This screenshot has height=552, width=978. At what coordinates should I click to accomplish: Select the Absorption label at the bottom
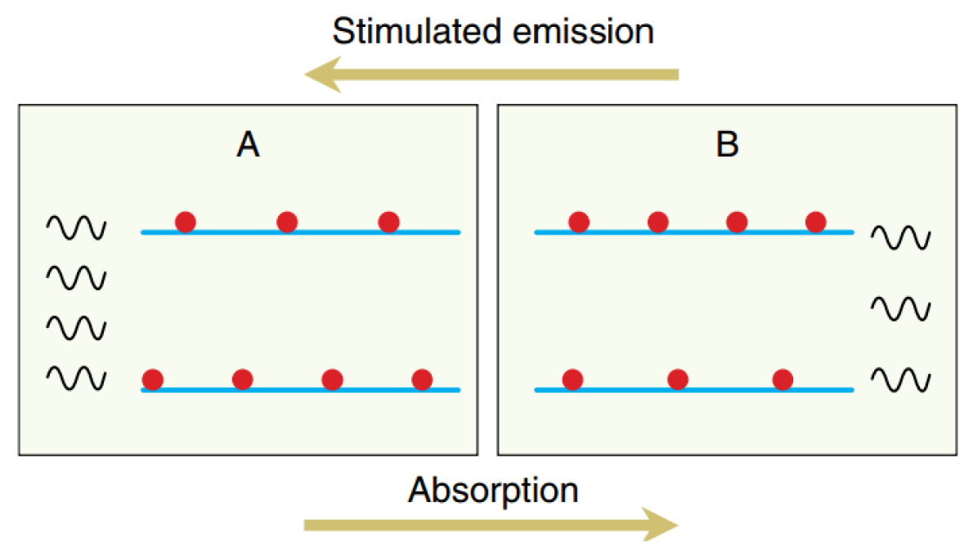(493, 491)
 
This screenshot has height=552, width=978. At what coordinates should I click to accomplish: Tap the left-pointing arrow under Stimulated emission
(491, 75)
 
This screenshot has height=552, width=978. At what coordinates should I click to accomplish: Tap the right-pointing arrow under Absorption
(491, 524)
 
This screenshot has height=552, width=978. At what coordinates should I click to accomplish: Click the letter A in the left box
(248, 145)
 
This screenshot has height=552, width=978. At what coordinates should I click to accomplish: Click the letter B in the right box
(727, 145)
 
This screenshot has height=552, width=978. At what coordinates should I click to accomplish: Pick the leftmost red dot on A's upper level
(186, 222)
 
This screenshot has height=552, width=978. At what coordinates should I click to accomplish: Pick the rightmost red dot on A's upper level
(388, 222)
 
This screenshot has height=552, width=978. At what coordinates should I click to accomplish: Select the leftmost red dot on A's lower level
(153, 379)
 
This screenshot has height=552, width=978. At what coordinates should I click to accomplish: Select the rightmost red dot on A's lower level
(421, 379)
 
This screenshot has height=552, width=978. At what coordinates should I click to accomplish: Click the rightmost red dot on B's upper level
(815, 222)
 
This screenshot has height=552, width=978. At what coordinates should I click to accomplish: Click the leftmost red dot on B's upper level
(578, 222)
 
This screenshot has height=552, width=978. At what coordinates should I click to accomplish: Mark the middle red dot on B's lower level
(677, 379)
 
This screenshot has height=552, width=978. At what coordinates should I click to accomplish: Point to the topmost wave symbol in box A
(76, 227)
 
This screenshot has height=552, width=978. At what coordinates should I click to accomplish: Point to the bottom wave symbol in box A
(76, 377)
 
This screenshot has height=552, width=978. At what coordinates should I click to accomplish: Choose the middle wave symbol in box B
(899, 308)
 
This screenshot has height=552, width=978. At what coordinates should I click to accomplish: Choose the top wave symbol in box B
(899, 237)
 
